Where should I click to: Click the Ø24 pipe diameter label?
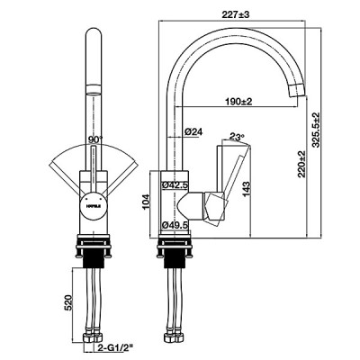192,133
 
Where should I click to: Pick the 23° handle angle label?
238,138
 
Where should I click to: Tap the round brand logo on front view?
93,203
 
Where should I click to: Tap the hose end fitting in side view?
175,339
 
